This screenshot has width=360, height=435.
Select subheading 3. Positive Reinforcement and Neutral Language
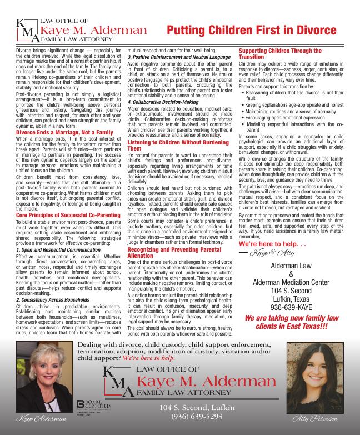click(178, 57)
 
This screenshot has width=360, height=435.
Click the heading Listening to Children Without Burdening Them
click(177, 146)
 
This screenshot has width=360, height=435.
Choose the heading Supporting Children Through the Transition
click(280, 54)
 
